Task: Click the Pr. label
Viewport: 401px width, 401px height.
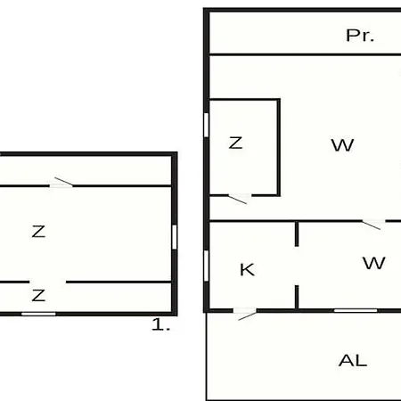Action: (x=360, y=36)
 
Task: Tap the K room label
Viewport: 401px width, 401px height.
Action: (x=247, y=270)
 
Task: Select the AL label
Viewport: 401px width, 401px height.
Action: (x=353, y=360)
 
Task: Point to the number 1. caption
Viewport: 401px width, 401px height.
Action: (x=160, y=324)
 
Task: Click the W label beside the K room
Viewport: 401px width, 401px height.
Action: (x=374, y=263)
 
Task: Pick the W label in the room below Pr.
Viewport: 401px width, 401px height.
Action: (x=342, y=145)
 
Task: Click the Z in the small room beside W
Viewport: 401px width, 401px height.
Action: (x=235, y=143)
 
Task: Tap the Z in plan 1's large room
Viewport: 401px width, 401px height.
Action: (x=38, y=232)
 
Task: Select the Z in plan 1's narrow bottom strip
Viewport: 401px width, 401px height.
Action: (x=38, y=296)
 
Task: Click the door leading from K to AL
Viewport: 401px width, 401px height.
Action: (x=244, y=313)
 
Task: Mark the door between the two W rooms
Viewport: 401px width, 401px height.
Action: (x=373, y=224)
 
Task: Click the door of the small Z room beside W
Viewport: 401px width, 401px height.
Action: (x=240, y=198)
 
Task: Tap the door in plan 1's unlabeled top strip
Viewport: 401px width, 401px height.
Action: (x=61, y=184)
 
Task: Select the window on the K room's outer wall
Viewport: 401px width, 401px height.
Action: (x=206, y=266)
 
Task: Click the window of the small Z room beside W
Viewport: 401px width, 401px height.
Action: (x=206, y=125)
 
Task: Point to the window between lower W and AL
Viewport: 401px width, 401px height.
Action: (x=356, y=311)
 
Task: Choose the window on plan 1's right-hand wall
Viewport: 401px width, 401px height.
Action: (x=175, y=237)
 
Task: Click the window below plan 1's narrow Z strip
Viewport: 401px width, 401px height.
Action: (x=38, y=314)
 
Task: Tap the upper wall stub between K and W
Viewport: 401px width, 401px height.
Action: (x=297, y=233)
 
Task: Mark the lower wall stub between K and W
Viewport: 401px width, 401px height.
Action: (x=297, y=297)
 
